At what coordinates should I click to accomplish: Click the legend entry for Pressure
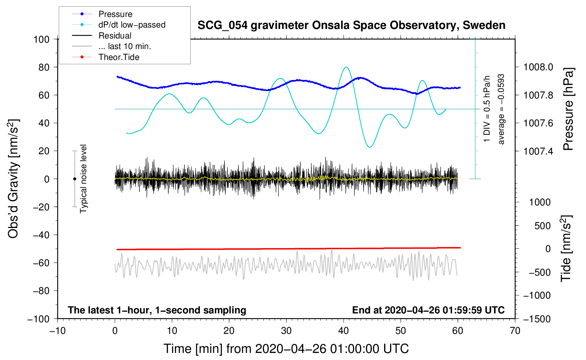(x=115, y=14)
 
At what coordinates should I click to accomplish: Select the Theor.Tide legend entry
(x=119, y=57)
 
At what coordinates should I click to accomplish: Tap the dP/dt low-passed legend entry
(x=132, y=25)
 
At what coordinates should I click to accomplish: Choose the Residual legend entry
(x=115, y=36)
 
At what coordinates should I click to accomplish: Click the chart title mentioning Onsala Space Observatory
(x=351, y=25)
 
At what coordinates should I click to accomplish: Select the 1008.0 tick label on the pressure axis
(x=538, y=67)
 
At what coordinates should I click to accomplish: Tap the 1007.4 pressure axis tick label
(x=538, y=151)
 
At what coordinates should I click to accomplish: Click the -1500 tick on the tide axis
(x=537, y=319)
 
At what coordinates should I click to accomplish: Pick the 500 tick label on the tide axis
(x=543, y=226)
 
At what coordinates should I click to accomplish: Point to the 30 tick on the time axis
(x=286, y=331)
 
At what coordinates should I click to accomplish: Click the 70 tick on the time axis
(x=515, y=331)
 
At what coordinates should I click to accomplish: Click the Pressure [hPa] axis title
(x=568, y=109)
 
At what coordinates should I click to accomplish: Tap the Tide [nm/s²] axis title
(x=566, y=248)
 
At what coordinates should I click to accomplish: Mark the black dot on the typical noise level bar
(x=74, y=179)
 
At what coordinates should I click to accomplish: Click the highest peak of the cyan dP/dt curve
(x=346, y=67)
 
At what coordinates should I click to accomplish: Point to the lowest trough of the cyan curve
(x=370, y=147)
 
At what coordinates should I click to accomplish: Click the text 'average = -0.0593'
(x=501, y=109)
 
